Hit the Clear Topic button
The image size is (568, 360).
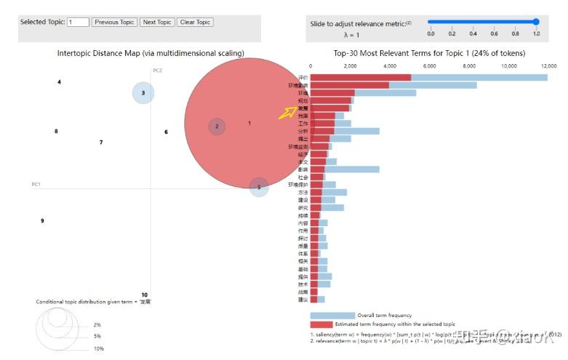click(x=195, y=23)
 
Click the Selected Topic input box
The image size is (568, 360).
click(x=78, y=23)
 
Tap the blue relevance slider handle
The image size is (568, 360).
click(x=536, y=22)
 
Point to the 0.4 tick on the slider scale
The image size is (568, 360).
click(x=473, y=33)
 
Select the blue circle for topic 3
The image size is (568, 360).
click(x=143, y=93)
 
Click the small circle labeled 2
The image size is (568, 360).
click(x=216, y=127)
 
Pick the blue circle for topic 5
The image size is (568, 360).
click(x=259, y=187)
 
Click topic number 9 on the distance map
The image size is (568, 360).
click(x=42, y=221)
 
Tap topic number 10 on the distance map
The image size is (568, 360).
click(x=144, y=295)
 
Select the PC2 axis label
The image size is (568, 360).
click(x=157, y=71)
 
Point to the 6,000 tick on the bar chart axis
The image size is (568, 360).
click(x=430, y=66)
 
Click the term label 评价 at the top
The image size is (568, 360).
click(x=303, y=77)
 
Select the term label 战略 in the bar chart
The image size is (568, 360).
click(x=303, y=292)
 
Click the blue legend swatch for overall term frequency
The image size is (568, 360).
click(x=332, y=315)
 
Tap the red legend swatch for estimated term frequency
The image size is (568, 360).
click(x=321, y=324)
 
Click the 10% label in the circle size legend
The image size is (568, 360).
click(x=98, y=349)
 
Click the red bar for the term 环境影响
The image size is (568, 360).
click(x=349, y=85)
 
